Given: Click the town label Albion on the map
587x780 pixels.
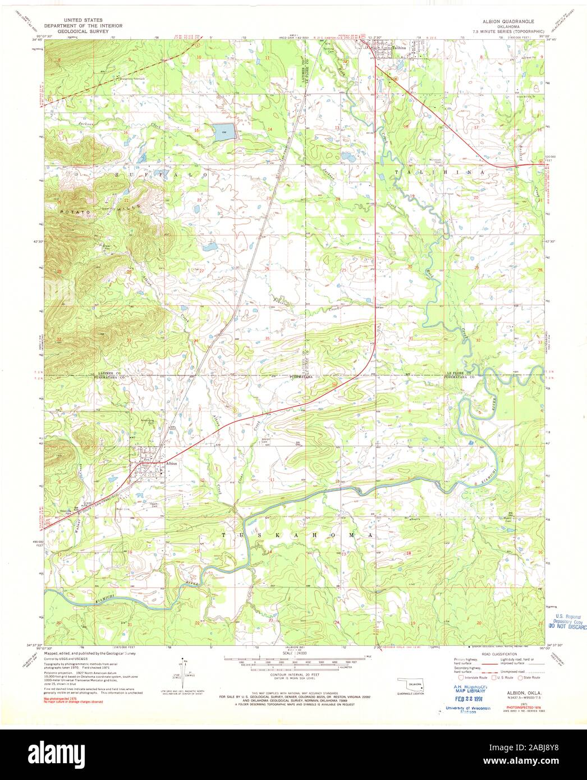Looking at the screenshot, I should coord(171,463).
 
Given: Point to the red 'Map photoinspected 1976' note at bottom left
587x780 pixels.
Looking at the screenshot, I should coord(73,699).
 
